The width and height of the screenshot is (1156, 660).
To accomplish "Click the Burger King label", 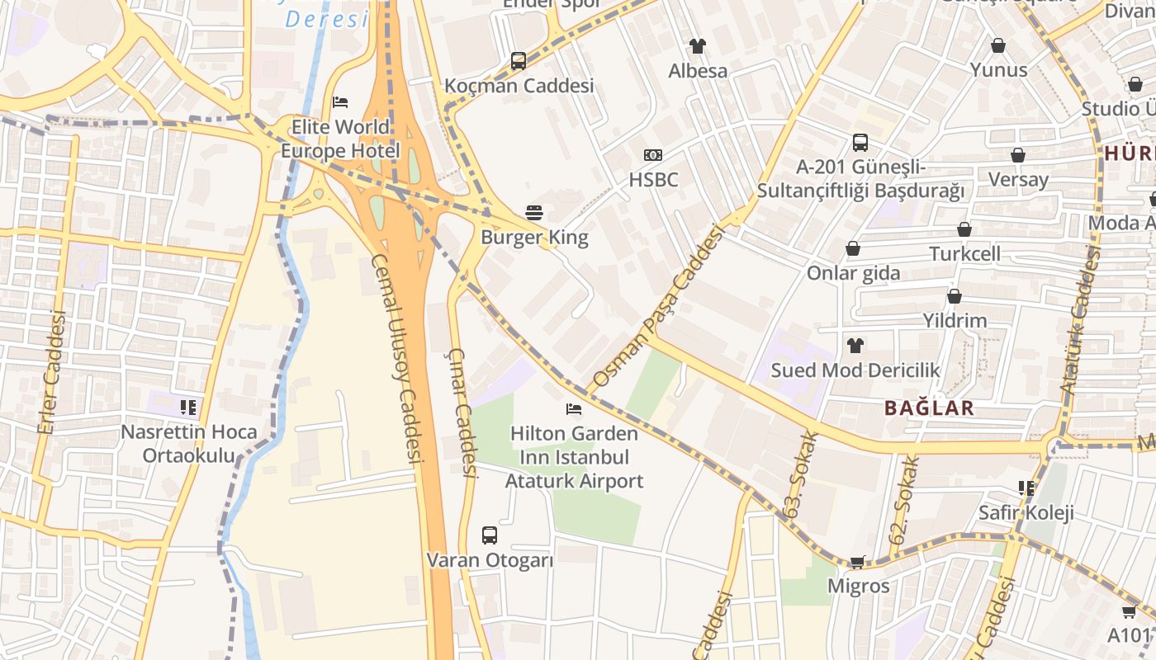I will (x=535, y=238).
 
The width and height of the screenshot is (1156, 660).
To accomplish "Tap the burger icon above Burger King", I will (x=534, y=213).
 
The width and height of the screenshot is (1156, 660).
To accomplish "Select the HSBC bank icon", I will (x=653, y=155).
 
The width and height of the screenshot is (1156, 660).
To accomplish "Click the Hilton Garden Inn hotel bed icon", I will (x=574, y=408).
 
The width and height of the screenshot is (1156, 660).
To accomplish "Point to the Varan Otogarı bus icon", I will (x=490, y=535).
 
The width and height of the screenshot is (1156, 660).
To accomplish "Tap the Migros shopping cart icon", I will (x=858, y=562).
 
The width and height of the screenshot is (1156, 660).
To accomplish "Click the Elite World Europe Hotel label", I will (x=340, y=139).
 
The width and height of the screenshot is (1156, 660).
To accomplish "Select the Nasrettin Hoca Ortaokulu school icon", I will (x=188, y=407).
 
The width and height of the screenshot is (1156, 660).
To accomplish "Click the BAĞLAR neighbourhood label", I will (x=929, y=408).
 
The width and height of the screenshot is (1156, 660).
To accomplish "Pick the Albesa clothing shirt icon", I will (x=698, y=46).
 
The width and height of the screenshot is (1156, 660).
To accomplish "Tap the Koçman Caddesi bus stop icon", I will (x=519, y=61).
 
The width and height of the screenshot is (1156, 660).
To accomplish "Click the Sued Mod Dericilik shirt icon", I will (x=855, y=345).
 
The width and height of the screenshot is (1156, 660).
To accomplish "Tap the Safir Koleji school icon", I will (x=1026, y=488).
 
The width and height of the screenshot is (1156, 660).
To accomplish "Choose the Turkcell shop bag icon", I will (x=964, y=229).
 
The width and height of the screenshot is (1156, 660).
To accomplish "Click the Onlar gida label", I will (x=854, y=273).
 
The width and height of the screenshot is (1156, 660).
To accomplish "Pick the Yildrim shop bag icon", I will (x=955, y=296).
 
